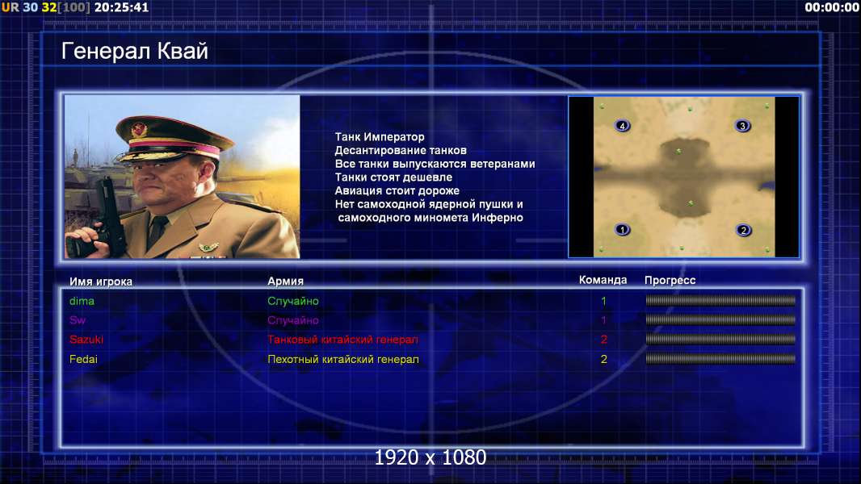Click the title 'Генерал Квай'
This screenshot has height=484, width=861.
(x=135, y=51)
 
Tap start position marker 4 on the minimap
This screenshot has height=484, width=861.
(x=622, y=126)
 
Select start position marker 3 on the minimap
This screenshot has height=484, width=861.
(x=742, y=126)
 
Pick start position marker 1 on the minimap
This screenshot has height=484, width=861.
(x=622, y=230)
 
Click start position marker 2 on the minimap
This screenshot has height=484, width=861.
(x=744, y=230)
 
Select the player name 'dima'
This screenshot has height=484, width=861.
(x=82, y=301)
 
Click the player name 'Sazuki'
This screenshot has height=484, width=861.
(x=86, y=340)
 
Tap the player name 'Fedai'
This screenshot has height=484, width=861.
(x=83, y=359)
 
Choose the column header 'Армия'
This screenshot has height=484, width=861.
(x=286, y=282)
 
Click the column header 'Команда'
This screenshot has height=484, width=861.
(x=603, y=280)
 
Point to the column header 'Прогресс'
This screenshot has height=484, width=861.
(x=670, y=281)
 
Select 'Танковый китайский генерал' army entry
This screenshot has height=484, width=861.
(x=342, y=340)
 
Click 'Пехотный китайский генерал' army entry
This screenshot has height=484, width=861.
(x=343, y=359)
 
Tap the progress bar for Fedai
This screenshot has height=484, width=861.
(x=720, y=359)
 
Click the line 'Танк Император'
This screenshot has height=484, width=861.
(x=380, y=137)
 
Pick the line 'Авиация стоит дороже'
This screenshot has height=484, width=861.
(x=397, y=190)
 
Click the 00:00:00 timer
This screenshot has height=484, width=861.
(x=832, y=7)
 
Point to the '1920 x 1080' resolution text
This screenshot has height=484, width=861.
(x=430, y=457)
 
